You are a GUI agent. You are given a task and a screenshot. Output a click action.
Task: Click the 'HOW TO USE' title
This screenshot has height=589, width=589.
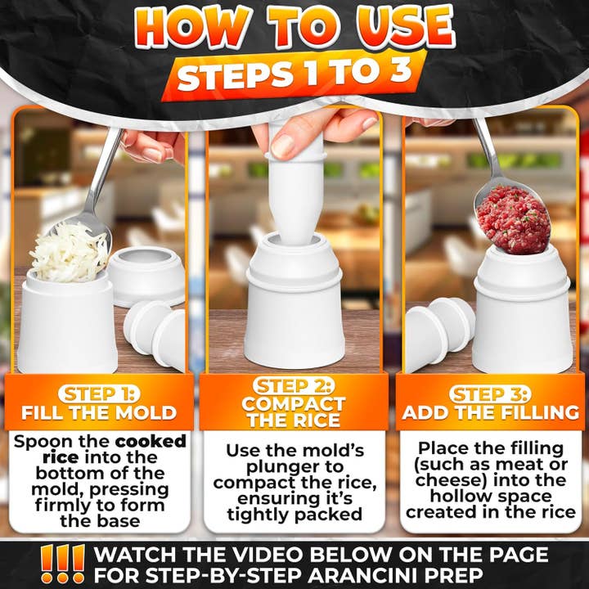click(x=294, y=29)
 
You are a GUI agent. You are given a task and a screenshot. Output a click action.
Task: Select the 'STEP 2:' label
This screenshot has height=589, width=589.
click(x=294, y=385)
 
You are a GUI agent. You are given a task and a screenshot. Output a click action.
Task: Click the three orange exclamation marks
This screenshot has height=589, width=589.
click(x=63, y=564)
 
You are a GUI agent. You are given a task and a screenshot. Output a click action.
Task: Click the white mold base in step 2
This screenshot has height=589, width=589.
click(x=294, y=311)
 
